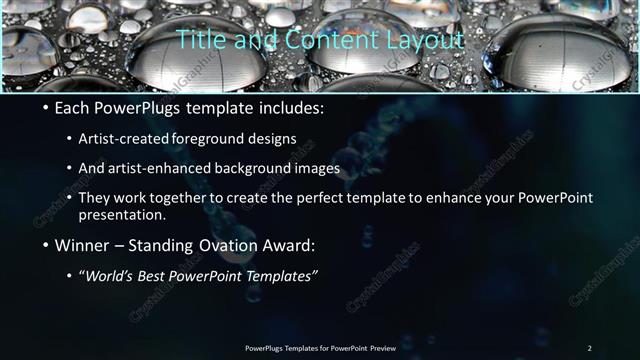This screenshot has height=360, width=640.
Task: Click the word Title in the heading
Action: (x=198, y=40)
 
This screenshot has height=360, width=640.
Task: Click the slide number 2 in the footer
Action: (x=590, y=347)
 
